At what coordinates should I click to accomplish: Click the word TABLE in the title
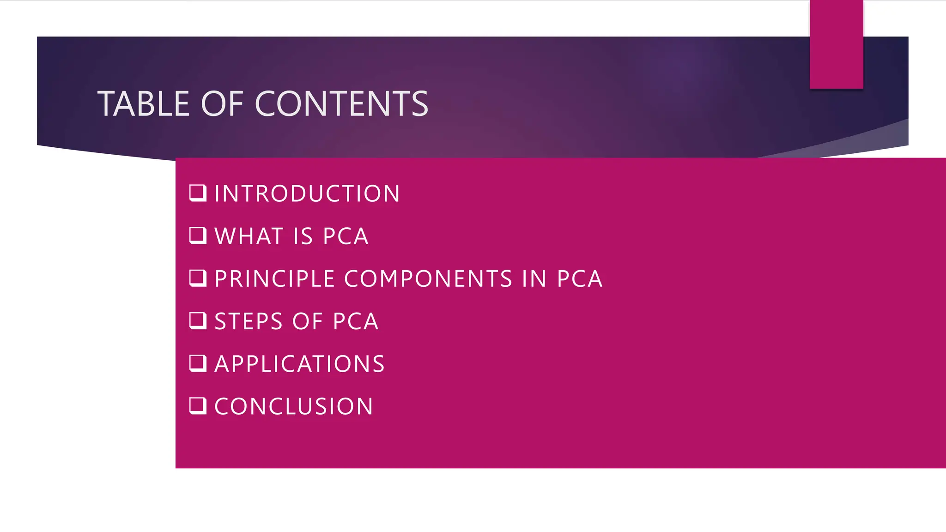point(144,103)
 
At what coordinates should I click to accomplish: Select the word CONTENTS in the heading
point(341,103)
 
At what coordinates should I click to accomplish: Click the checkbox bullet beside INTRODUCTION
point(198,193)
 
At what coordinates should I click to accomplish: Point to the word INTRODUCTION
point(307,193)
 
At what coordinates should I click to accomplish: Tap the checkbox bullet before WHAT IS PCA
point(198,236)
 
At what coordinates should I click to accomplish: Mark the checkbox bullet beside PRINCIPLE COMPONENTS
point(198,278)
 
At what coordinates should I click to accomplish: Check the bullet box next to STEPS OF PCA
point(198,320)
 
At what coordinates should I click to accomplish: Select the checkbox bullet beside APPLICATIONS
point(198,363)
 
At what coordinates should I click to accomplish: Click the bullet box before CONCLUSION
point(198,406)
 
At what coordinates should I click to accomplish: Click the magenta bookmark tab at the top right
point(836,44)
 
